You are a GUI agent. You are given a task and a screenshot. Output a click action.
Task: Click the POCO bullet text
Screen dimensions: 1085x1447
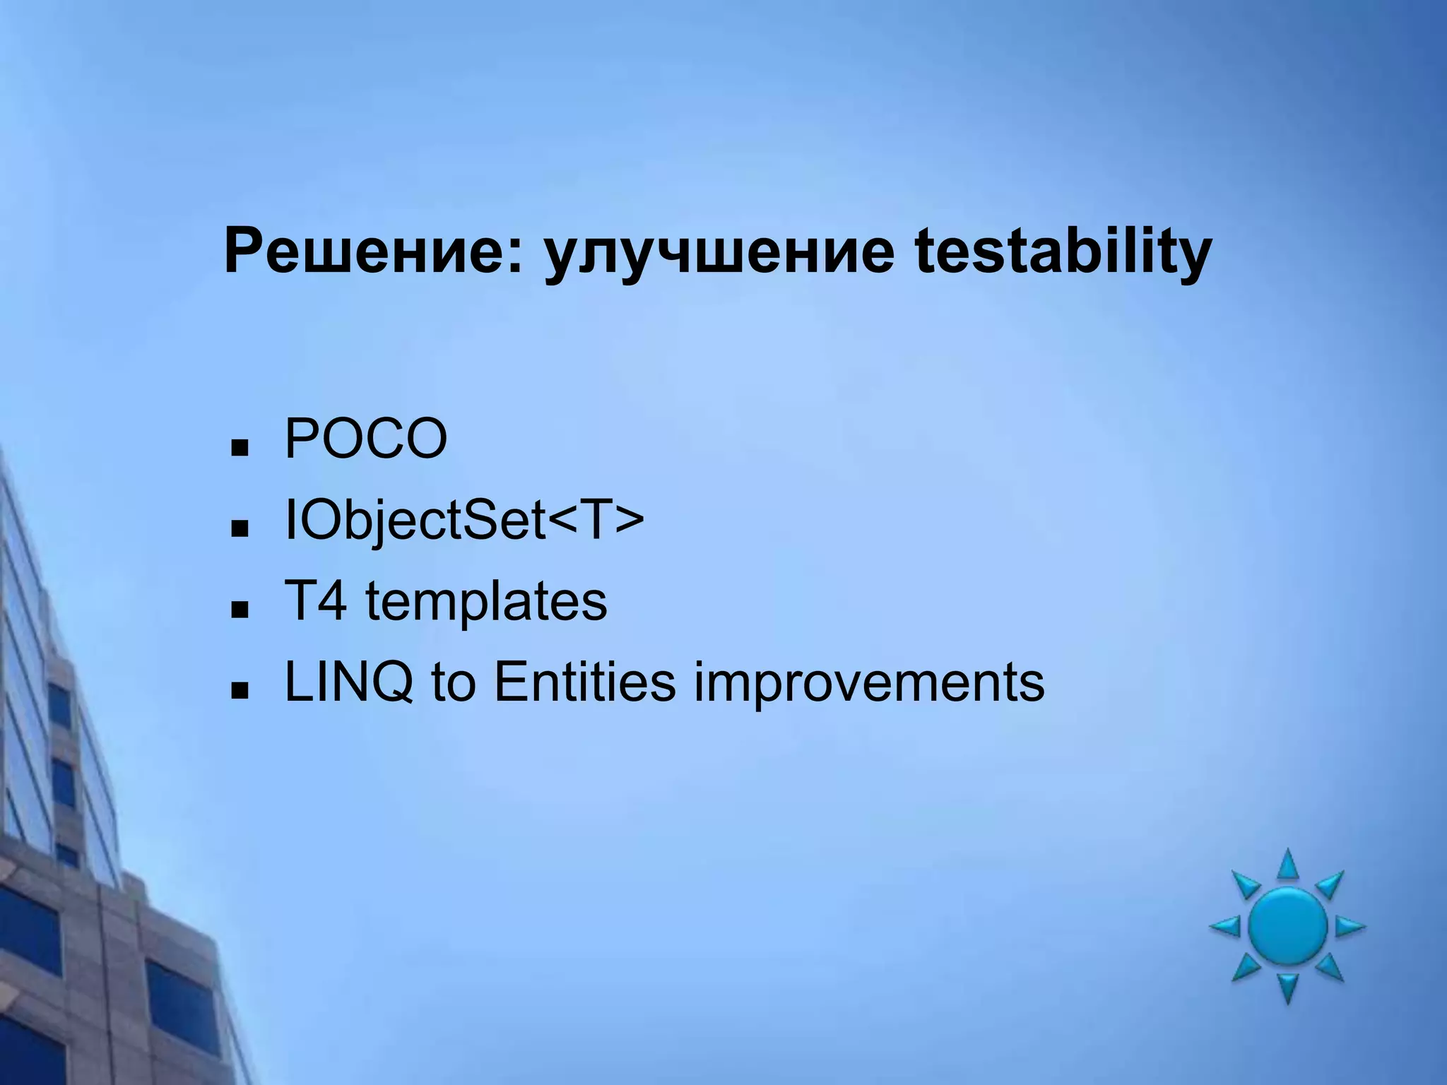click(x=365, y=439)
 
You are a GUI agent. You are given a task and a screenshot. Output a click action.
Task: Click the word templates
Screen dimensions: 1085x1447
click(x=485, y=603)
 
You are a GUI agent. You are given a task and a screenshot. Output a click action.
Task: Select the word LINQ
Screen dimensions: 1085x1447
click(x=348, y=684)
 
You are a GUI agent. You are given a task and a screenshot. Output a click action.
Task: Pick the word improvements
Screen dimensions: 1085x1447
click(x=868, y=684)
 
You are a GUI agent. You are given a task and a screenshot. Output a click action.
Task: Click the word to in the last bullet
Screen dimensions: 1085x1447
click(x=453, y=684)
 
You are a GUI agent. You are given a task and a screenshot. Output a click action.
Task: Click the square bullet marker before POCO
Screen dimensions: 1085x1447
click(x=240, y=448)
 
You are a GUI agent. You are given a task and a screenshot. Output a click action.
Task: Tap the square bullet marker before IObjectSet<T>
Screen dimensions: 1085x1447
click(x=240, y=528)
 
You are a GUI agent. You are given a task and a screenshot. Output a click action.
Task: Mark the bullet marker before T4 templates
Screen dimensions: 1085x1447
click(x=240, y=610)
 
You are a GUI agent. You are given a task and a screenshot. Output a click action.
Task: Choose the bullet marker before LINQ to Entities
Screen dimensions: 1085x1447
click(x=240, y=690)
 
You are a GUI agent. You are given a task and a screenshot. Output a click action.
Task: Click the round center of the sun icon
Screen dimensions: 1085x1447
click(x=1287, y=926)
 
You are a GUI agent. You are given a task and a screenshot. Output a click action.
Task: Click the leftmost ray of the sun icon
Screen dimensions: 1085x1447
click(x=1225, y=926)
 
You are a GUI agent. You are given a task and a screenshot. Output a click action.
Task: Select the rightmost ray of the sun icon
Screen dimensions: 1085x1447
click(x=1349, y=926)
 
